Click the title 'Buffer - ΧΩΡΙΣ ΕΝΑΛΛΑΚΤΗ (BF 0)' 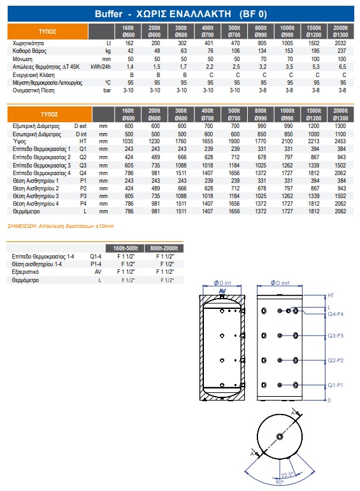click(181, 14)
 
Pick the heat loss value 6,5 click(342, 67)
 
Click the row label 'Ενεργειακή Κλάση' click(34, 75)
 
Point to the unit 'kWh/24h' click(101, 67)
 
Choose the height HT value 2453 click(340, 141)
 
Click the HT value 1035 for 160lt click(128, 141)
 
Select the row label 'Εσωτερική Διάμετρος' click(37, 134)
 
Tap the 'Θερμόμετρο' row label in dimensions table click(26, 211)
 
